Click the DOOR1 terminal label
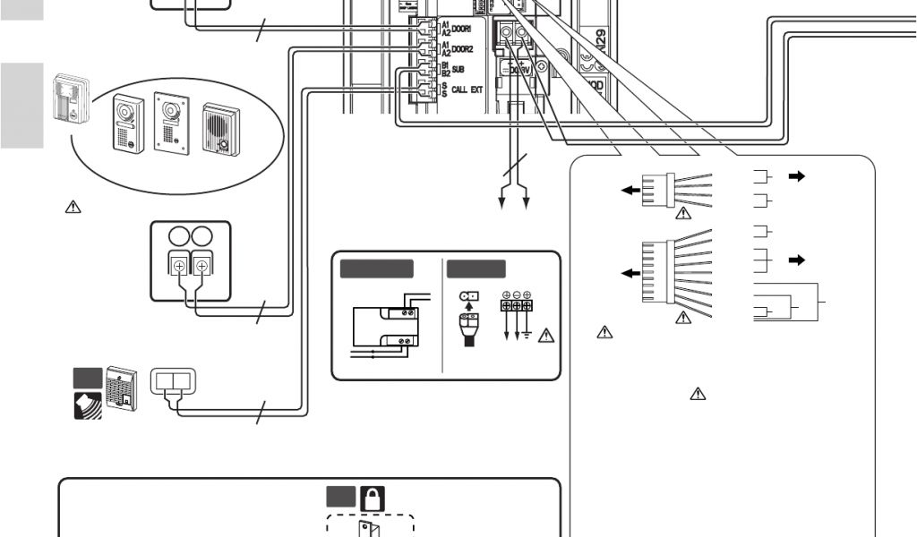click(x=462, y=30)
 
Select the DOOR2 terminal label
click(x=462, y=49)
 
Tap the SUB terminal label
click(x=458, y=69)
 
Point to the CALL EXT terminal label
click(x=467, y=89)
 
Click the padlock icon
click(x=372, y=499)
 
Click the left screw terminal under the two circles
click(x=178, y=266)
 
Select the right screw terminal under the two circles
click(x=202, y=266)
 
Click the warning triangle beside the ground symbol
click(x=544, y=337)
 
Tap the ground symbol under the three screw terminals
click(x=527, y=335)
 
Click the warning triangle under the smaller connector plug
click(x=682, y=213)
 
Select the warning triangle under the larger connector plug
click(x=682, y=317)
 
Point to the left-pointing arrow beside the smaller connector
click(x=630, y=190)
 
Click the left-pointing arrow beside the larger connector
click(x=630, y=273)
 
